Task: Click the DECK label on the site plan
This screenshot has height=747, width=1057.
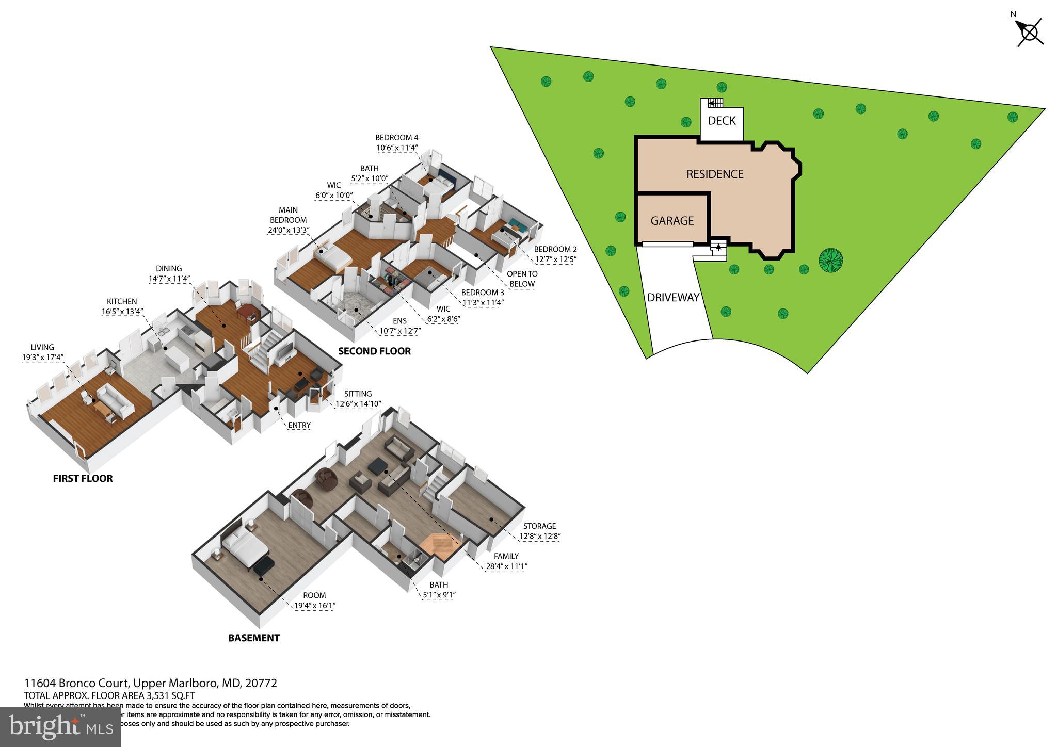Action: pos(722,121)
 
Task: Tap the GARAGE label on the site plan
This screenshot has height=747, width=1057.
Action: pos(672,221)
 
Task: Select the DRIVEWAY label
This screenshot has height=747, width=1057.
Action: pos(673,298)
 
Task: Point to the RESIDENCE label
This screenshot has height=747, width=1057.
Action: pos(715,174)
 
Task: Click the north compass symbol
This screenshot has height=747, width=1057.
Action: pos(1030,33)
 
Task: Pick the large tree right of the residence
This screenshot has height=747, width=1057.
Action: pos(831,261)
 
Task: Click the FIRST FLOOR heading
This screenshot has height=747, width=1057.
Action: pos(83,478)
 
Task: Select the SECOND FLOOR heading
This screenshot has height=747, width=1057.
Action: pos(374,351)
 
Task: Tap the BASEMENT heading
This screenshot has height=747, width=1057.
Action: pos(253,638)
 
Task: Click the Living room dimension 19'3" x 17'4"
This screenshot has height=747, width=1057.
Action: pos(42,357)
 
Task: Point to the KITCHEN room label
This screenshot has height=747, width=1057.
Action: pos(122,301)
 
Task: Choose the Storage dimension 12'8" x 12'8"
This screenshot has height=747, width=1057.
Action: pos(540,536)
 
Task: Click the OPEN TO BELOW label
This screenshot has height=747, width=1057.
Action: pos(522,279)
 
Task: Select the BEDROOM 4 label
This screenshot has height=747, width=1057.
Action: pos(396,138)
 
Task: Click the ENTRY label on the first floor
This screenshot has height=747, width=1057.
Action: pos(299,425)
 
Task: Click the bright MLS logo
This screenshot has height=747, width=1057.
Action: pos(60,727)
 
